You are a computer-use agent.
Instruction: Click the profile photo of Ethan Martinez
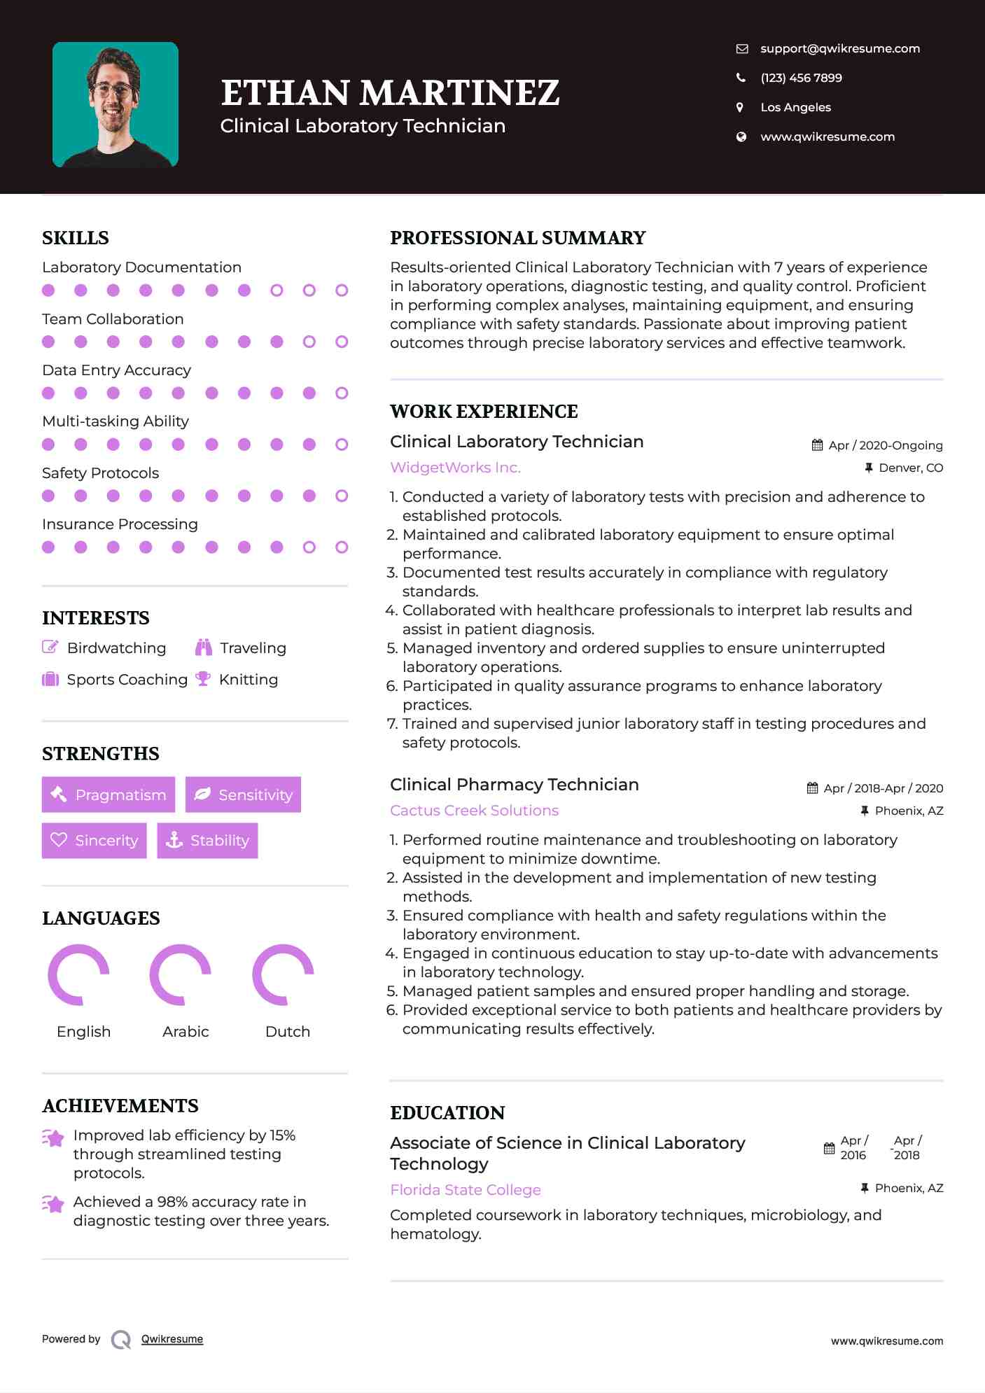coord(116,104)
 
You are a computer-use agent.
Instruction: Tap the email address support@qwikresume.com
coord(839,48)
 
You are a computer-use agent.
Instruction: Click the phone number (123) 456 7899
coord(801,78)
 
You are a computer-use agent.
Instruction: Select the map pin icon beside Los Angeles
coord(740,107)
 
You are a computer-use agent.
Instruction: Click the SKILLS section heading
coord(76,238)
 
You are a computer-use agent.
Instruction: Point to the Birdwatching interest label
coord(116,648)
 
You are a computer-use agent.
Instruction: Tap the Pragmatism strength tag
coord(109,794)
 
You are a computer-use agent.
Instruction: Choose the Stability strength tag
coord(207,840)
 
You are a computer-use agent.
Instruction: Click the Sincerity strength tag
coord(95,840)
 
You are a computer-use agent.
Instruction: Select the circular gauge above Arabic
coord(181,974)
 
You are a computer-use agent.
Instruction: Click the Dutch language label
coord(288,1032)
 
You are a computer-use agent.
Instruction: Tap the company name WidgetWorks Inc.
coord(455,468)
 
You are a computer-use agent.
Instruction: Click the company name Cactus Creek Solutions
coord(474,811)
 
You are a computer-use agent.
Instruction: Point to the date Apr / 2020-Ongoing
coord(885,445)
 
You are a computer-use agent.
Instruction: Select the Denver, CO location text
coord(910,468)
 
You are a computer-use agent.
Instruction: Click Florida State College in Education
coord(466,1190)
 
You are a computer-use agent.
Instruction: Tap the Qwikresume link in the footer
coord(172,1339)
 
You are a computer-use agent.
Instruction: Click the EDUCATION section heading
coord(447,1113)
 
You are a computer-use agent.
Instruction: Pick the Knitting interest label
coord(249,680)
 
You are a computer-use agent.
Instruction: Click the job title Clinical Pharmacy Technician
coord(515,785)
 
